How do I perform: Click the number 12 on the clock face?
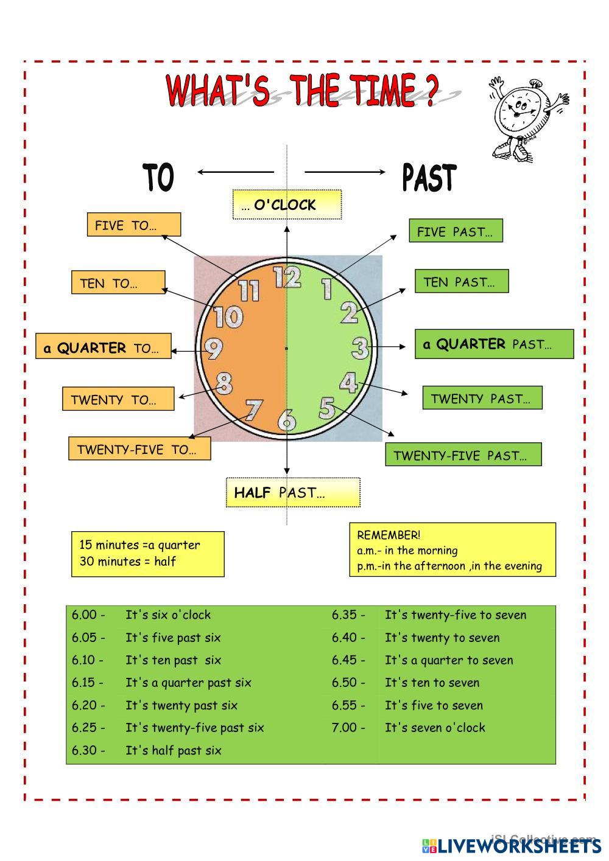point(287,277)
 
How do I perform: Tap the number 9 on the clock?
point(214,349)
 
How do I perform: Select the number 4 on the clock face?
point(348,383)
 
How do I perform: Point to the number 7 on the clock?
point(254,410)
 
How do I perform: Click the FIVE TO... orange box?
point(134,225)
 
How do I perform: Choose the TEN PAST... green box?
point(462,281)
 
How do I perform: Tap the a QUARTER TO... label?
point(104,346)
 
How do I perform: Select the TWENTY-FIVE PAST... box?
point(463,455)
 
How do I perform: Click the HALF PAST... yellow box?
point(293,492)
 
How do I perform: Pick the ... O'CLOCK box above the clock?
point(287,204)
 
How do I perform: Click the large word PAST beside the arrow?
point(429,177)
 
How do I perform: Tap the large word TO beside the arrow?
point(158,177)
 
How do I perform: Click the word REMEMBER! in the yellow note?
point(389,535)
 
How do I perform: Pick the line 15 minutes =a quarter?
point(139,545)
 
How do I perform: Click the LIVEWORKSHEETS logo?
point(512,846)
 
